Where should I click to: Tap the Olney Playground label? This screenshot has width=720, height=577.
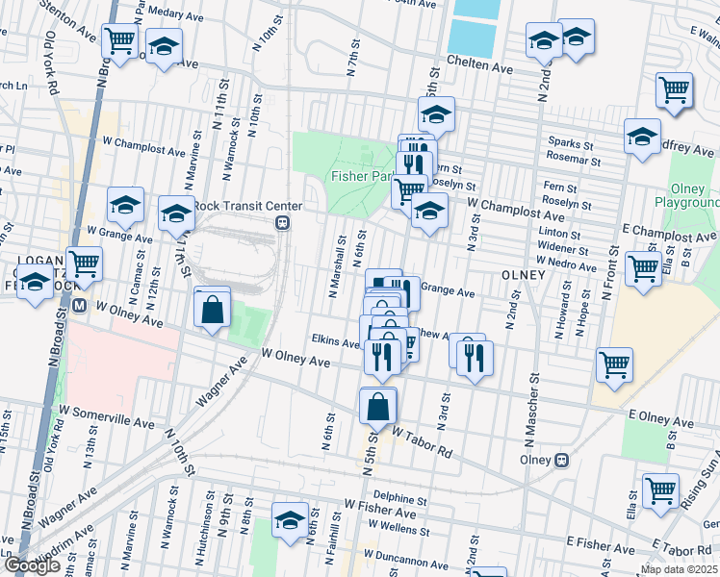(x=686, y=196)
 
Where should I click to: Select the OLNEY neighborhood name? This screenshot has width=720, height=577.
(x=524, y=274)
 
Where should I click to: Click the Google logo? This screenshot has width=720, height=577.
(x=32, y=566)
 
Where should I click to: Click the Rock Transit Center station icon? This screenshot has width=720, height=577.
(x=283, y=222)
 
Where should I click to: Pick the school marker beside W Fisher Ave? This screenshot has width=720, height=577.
(x=290, y=520)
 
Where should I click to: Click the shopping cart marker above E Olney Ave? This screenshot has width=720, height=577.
(x=614, y=364)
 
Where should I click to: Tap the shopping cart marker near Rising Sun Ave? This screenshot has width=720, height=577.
(x=660, y=489)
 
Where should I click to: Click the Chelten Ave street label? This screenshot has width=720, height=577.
(x=490, y=68)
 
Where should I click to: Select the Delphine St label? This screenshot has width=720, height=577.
(x=399, y=499)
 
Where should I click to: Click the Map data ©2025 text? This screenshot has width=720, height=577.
(x=679, y=569)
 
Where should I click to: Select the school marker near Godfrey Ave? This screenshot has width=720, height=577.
(x=642, y=137)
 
